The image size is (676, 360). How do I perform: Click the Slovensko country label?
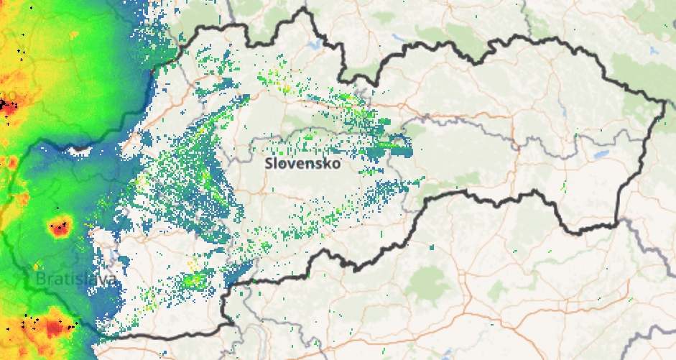coord(302,163)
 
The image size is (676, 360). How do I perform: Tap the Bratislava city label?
coord(75,278)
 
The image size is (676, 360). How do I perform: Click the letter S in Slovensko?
coord(269,163)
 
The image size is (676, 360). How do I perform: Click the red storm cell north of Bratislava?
coord(60,228)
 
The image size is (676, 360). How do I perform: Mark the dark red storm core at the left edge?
coord(9,106)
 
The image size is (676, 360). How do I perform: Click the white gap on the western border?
coord(80,149)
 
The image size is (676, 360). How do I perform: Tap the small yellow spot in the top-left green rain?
coord(74,34)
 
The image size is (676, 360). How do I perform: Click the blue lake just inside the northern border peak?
coord(314,44)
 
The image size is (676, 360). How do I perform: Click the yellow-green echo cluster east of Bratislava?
coord(193,279)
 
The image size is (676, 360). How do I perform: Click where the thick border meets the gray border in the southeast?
coord(618,223)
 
